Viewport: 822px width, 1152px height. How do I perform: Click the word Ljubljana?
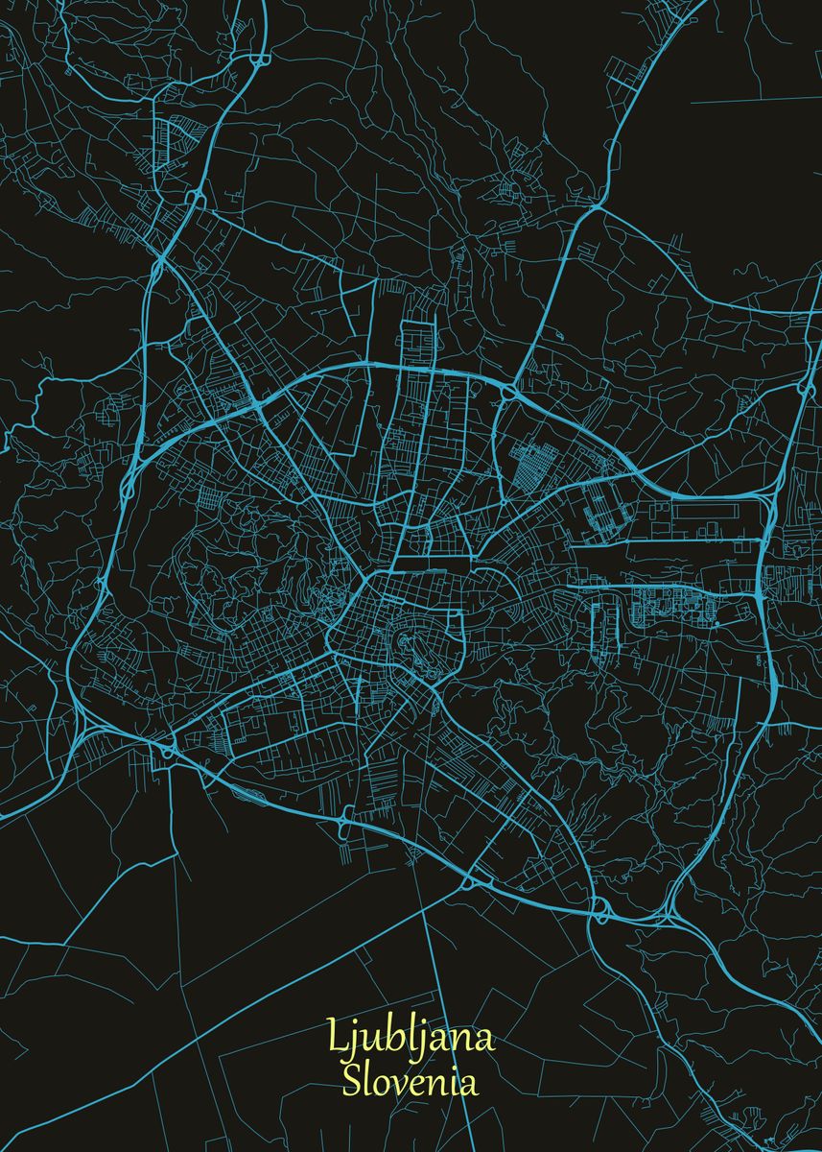pyautogui.click(x=411, y=1038)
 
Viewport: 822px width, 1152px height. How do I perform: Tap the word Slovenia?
pyautogui.click(x=411, y=1082)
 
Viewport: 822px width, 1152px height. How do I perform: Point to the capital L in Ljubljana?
pyautogui.click(x=335, y=1037)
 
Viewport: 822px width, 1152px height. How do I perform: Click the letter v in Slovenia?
pyautogui.click(x=394, y=1085)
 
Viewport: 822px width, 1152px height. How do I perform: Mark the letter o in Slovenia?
pyautogui.click(x=380, y=1085)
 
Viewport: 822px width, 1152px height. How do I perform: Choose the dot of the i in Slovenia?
pyautogui.click(x=449, y=1071)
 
